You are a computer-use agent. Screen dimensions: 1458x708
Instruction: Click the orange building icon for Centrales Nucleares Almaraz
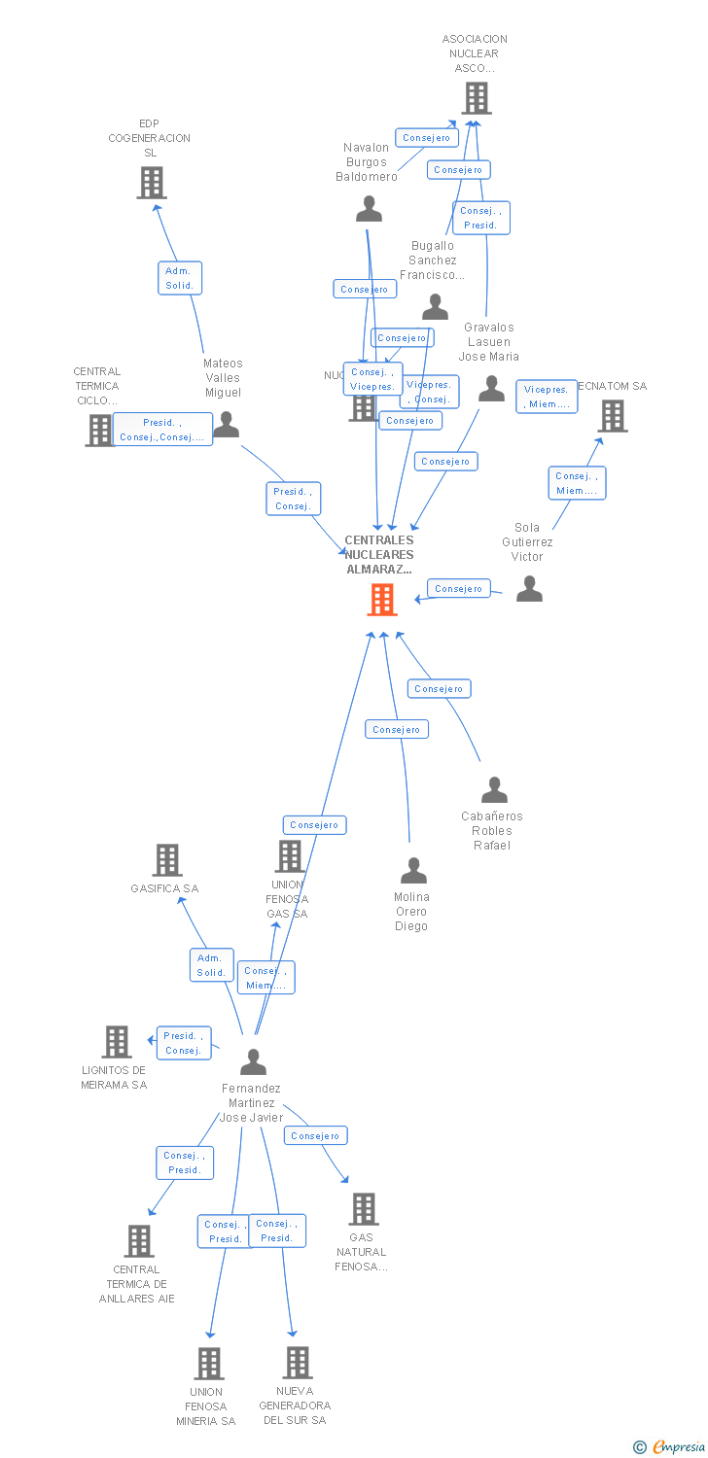pos(382,600)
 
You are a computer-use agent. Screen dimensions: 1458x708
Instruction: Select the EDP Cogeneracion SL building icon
pos(151,182)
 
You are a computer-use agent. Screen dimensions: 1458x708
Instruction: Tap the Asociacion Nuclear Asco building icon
pos(476,98)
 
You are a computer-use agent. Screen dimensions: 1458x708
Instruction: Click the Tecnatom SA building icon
pos(613,416)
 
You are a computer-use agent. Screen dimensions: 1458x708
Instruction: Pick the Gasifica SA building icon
pos(167,859)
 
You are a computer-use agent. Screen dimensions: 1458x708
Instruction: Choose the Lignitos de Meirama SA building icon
pos(117,1041)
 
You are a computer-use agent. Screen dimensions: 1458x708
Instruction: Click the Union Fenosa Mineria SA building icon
pos(209,1363)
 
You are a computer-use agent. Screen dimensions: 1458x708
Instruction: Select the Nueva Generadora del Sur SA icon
pos(298,1362)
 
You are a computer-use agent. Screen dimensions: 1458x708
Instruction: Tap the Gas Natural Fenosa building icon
pos(364,1208)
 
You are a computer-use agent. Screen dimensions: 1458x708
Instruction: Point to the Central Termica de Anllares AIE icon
pos(139,1240)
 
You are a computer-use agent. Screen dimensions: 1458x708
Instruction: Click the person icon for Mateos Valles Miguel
pos(227,425)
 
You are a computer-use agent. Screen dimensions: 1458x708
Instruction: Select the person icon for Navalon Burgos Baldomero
pos(369,209)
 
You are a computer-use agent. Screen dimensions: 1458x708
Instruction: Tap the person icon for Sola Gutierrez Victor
pos(529,589)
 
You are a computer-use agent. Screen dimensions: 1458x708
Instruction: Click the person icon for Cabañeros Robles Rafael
pos(494,790)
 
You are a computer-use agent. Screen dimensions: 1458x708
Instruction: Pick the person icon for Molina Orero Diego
pos(413,871)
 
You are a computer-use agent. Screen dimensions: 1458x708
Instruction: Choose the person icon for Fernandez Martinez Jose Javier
pos(253,1062)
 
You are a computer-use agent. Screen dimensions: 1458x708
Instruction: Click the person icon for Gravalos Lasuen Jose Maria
pos(492,389)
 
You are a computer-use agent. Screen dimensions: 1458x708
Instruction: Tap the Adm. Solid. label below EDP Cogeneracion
pos(179,278)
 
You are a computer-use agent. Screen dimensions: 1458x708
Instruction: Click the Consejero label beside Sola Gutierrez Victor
pos(458,588)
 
